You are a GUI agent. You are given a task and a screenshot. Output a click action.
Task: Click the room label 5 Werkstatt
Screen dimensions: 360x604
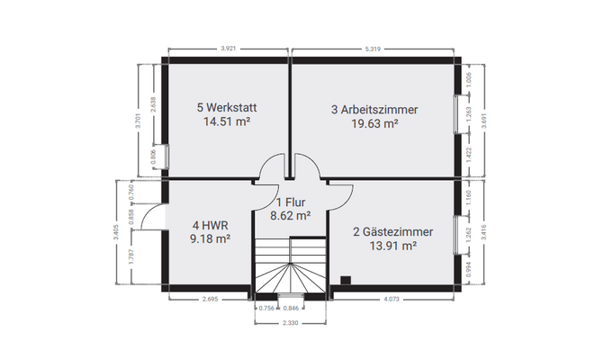(226, 107)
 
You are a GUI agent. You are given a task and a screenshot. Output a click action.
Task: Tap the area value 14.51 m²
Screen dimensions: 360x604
(226, 122)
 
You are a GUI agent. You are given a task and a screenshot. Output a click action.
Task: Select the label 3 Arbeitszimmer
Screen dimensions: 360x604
(374, 110)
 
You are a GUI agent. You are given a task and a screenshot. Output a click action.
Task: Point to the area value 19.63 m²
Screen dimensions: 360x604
(374, 124)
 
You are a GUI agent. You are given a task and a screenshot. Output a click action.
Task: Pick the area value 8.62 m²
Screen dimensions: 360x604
(291, 216)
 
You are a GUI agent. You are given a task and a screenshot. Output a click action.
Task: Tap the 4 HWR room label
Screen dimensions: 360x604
(210, 225)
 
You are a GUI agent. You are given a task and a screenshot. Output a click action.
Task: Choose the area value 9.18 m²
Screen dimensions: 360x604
(211, 239)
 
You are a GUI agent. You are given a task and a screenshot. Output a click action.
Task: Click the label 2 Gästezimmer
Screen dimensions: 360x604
(392, 231)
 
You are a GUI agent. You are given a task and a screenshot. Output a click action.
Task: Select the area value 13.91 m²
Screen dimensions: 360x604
(392, 246)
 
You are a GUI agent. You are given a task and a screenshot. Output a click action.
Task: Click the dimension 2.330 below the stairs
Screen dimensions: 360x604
(289, 321)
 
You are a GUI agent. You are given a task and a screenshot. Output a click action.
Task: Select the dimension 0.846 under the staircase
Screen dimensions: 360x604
(306, 308)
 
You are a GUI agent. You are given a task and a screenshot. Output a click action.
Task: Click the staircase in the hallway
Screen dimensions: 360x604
(288, 266)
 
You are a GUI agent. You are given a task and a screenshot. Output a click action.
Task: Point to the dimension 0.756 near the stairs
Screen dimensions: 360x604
(266, 308)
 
